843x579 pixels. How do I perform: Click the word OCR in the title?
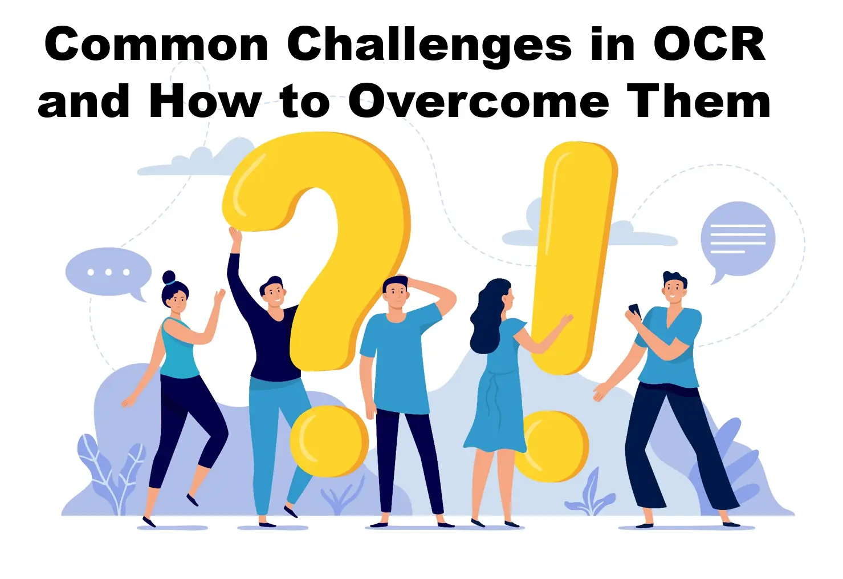709,44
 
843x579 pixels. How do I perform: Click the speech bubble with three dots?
108,273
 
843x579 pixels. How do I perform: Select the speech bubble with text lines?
738,240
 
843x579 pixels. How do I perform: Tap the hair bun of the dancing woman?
169,278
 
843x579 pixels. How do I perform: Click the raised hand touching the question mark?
234,234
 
